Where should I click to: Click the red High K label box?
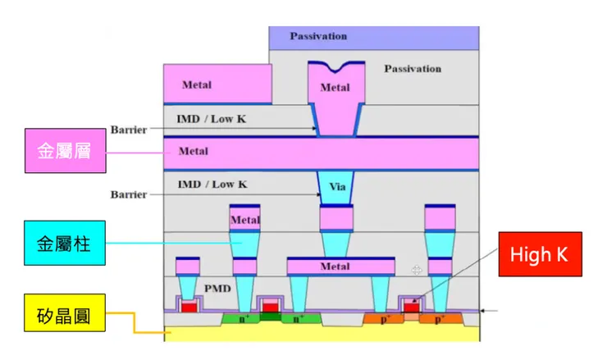coord(538,255)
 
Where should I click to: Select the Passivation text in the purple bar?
coord(318,36)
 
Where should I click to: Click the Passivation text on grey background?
coord(413,69)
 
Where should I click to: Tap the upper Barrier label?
coord(129,130)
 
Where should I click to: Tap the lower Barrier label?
coord(129,194)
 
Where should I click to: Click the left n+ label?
coord(244,316)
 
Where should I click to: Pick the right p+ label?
coord(440,317)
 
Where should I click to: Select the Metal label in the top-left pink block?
coord(196,84)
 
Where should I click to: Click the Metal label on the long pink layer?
coord(194,151)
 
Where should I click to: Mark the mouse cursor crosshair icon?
coord(418,269)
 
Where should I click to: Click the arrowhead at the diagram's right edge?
coord(485,311)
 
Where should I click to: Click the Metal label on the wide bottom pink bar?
coord(335,267)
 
